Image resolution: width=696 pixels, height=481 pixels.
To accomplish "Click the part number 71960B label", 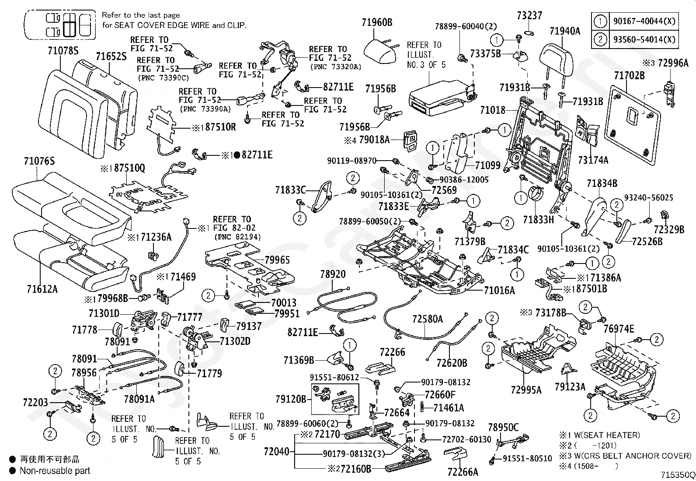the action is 377,22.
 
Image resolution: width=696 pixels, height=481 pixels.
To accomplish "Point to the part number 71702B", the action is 629,75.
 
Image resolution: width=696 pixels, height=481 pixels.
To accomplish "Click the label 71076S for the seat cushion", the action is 39,161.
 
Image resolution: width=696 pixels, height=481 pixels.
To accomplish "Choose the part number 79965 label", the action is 277,260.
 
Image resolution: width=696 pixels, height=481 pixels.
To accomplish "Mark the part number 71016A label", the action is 499,290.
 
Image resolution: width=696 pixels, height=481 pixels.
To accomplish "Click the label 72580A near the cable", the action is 428,319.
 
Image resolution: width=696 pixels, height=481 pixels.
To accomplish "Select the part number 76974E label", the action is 619,329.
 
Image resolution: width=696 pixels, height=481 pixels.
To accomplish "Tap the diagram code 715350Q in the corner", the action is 678,475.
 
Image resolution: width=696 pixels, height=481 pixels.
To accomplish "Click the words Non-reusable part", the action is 55,471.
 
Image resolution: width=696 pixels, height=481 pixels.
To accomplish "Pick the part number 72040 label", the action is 277,451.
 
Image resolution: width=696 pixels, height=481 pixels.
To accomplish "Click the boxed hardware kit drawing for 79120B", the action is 335,399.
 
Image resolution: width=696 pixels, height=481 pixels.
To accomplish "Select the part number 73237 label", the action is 529,16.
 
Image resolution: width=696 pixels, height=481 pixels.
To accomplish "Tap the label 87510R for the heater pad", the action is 220,127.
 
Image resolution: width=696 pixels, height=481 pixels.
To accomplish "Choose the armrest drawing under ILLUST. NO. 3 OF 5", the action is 443,98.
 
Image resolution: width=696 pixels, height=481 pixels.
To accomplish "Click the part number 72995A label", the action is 526,390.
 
